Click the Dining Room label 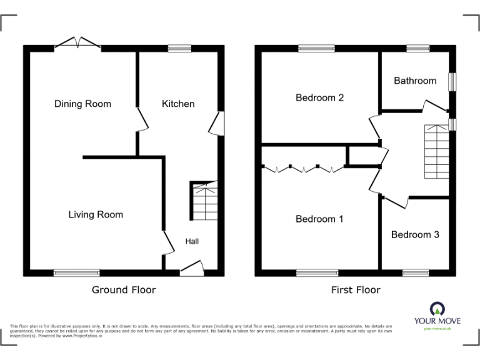tap(82, 104)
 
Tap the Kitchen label tap(178, 104)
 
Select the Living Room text tap(96, 214)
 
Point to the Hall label tap(192, 241)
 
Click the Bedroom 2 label tap(319, 97)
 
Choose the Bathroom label tap(414, 81)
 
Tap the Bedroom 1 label tap(319, 219)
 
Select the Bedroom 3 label tap(415, 234)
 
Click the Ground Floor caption tap(124, 289)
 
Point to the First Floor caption tap(356, 289)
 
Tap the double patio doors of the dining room tap(77, 44)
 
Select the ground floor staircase tap(204, 201)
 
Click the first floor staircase tap(436, 151)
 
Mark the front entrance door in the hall tap(192, 268)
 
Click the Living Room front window tap(76, 272)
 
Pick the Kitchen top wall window tap(179, 47)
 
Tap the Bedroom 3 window tap(415, 272)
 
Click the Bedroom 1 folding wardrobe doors tap(303, 168)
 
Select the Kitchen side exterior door tap(216, 123)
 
